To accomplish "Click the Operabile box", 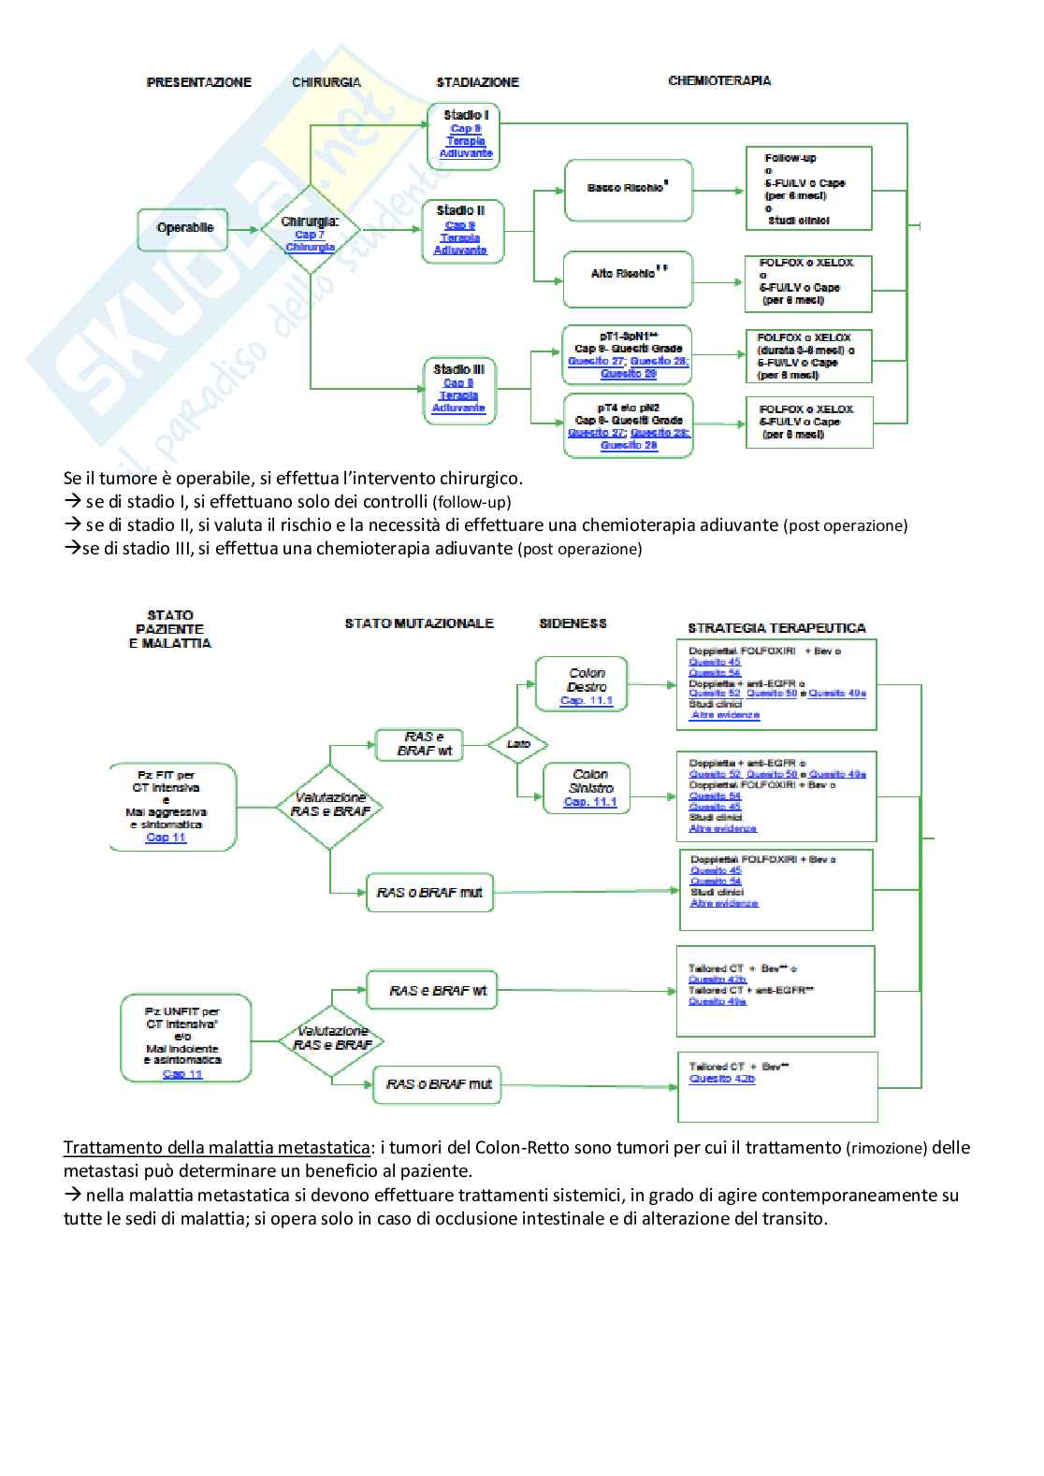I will click(184, 228).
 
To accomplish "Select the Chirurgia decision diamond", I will click(310, 228).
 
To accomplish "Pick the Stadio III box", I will click(458, 388).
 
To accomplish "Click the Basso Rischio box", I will click(628, 189).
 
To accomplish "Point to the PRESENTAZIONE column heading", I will click(199, 82).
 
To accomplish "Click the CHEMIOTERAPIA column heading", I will click(719, 80).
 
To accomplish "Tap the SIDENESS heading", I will click(573, 623).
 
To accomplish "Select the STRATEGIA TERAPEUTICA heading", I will click(776, 628).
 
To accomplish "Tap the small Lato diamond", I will click(517, 744).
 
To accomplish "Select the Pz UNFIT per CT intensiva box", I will click(184, 1038).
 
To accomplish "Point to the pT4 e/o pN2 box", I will click(629, 426).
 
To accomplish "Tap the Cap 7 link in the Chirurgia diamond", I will click(310, 235).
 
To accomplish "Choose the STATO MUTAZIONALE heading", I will click(418, 623).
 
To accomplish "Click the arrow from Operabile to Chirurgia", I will click(243, 228).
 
